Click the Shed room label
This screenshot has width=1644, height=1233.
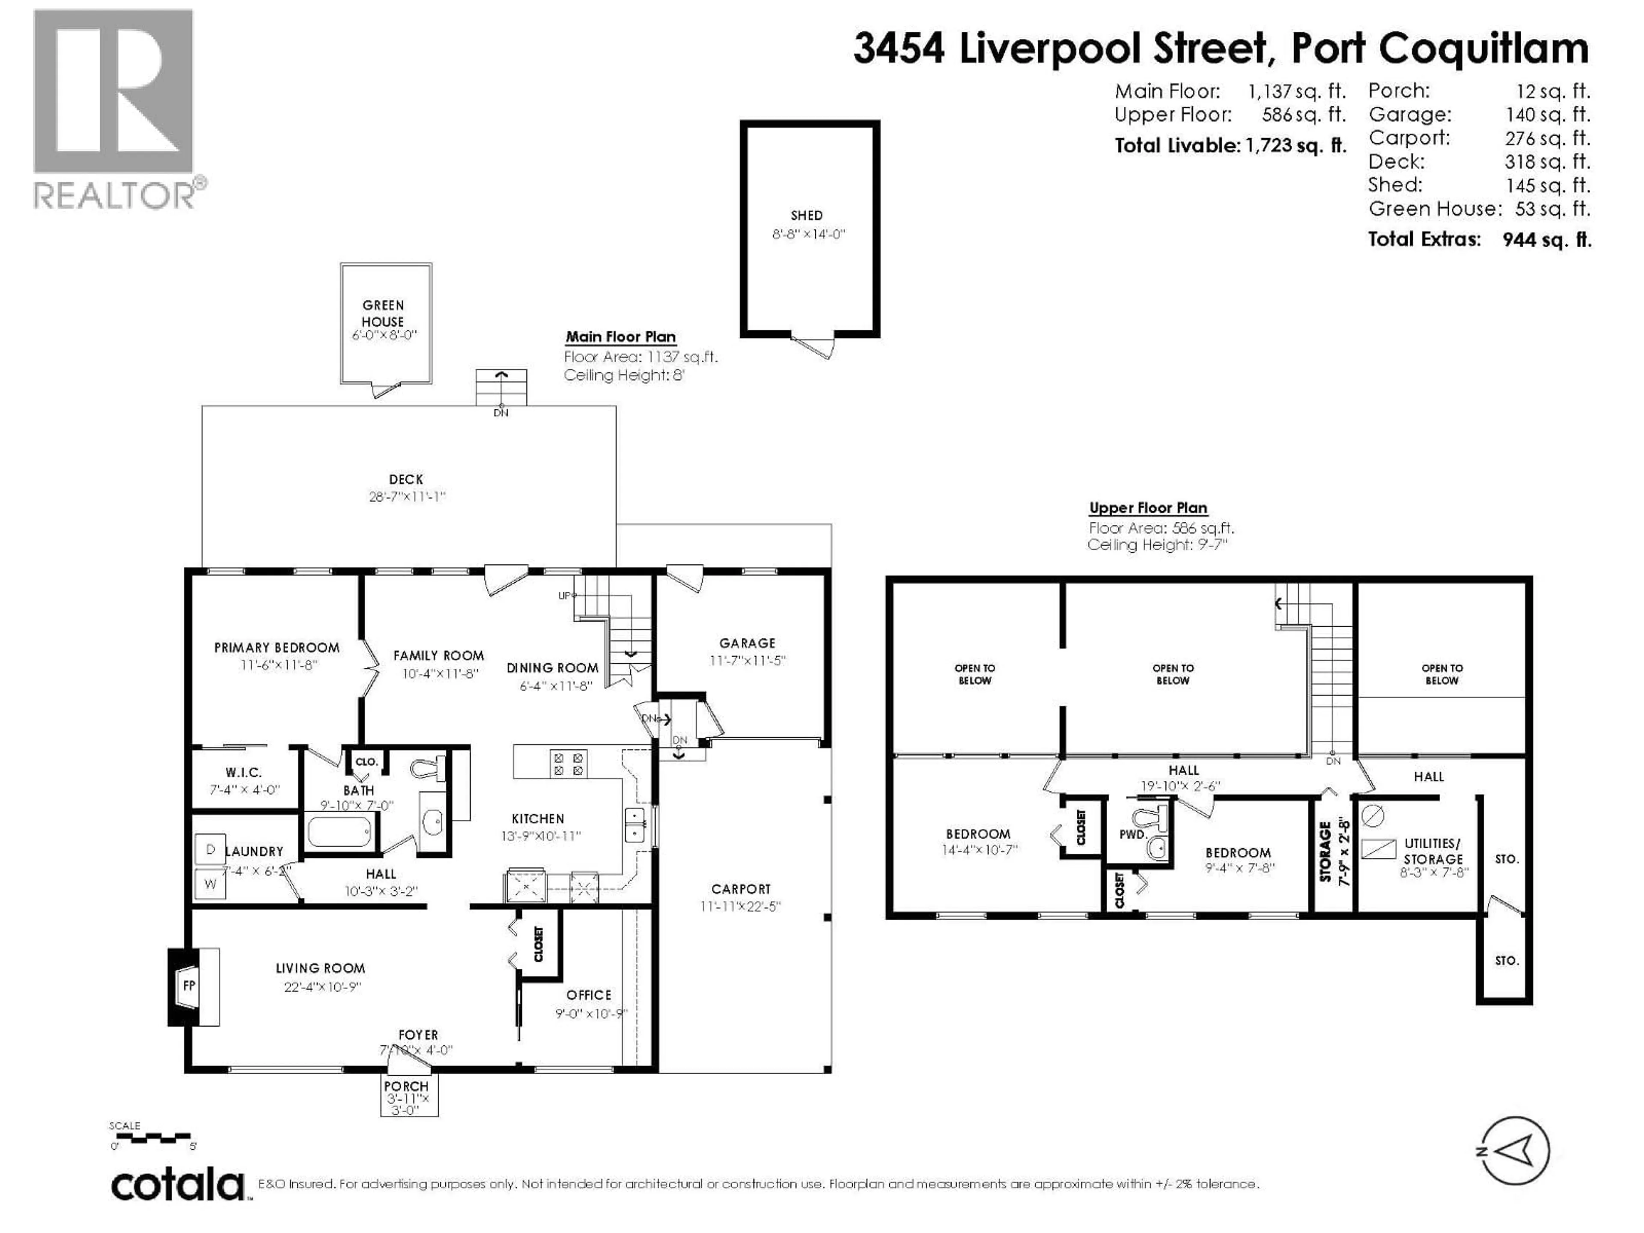pyautogui.click(x=807, y=215)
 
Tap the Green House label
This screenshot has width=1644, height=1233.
pyautogui.click(x=383, y=313)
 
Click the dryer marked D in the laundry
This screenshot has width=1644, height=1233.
pyautogui.click(x=210, y=849)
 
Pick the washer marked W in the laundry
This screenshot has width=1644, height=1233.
pyautogui.click(x=210, y=884)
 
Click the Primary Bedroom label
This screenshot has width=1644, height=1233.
pyautogui.click(x=277, y=648)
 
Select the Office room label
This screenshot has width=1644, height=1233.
pyautogui.click(x=589, y=995)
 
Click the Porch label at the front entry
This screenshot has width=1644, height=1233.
pyautogui.click(x=407, y=1087)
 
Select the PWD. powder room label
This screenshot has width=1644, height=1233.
pyautogui.click(x=1133, y=835)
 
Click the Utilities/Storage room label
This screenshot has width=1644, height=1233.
pyautogui.click(x=1432, y=851)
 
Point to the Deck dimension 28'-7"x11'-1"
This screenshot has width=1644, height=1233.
pyautogui.click(x=407, y=497)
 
